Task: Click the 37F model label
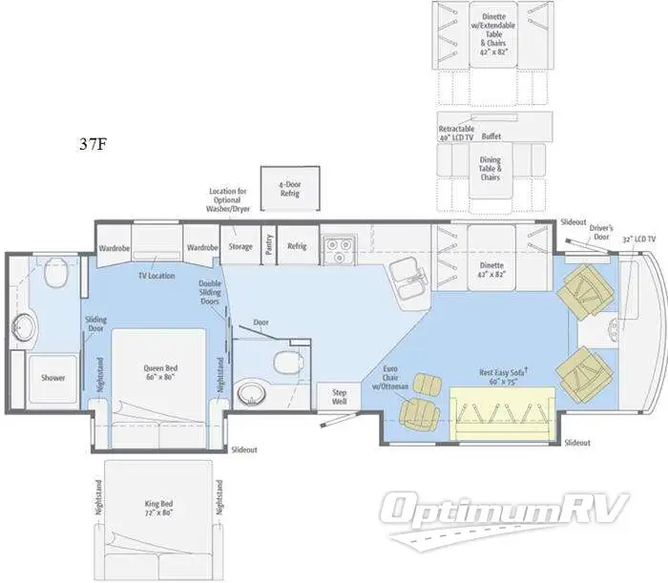click(x=94, y=146)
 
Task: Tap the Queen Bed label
click(x=158, y=371)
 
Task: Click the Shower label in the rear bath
click(x=53, y=377)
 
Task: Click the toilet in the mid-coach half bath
click(x=283, y=362)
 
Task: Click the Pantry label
click(x=269, y=245)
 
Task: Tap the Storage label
click(x=240, y=246)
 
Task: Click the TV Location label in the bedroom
click(x=156, y=275)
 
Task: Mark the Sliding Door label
click(x=95, y=324)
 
